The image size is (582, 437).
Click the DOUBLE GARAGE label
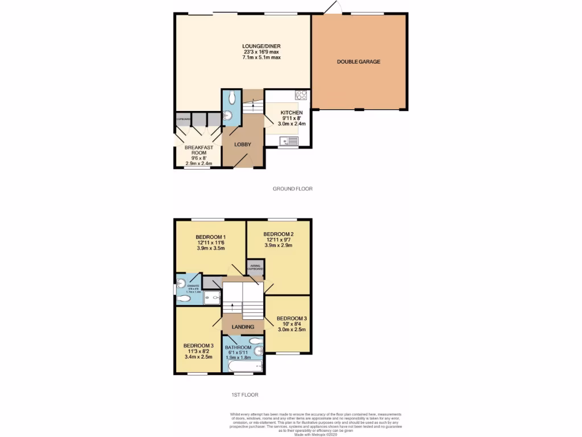pyautogui.click(x=358, y=61)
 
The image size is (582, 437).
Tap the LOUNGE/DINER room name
pyautogui.click(x=261, y=46)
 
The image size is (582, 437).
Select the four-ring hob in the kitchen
pyautogui.click(x=301, y=96)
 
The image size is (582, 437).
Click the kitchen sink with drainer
pyautogui.click(x=289, y=141)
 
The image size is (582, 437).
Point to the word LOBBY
pyautogui.click(x=243, y=145)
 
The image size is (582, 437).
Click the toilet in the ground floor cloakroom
pyautogui.click(x=230, y=99)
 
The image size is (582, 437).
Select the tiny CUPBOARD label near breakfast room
pyautogui.click(x=183, y=119)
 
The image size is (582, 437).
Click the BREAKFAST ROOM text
pyautogui.click(x=199, y=151)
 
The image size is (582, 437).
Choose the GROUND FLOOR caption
pyautogui.click(x=293, y=188)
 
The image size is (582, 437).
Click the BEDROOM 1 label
pyautogui.click(x=211, y=237)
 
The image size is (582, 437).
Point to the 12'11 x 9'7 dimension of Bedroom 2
pyautogui.click(x=278, y=241)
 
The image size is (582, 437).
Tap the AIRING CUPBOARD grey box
pyautogui.click(x=255, y=268)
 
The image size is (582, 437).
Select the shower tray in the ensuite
pyautogui.click(x=212, y=297)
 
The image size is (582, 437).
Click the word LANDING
pyautogui.click(x=242, y=327)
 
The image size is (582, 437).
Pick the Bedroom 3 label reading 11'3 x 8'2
pyautogui.click(x=198, y=352)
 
